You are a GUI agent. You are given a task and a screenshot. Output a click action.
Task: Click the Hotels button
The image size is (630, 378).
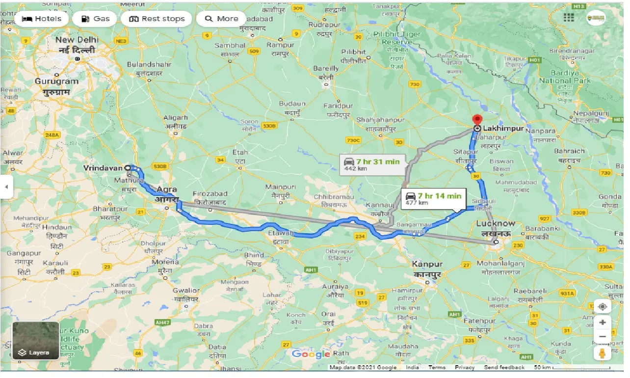[42, 19]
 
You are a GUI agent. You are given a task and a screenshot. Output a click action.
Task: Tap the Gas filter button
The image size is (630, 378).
[95, 19]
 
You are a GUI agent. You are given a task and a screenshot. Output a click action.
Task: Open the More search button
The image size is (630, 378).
[221, 19]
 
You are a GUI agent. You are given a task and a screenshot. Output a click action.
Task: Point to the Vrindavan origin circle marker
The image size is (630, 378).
[128, 168]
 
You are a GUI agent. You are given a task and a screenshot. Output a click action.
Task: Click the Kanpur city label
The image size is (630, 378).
[427, 264]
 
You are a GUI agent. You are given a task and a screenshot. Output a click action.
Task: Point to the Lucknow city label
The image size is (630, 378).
[496, 224]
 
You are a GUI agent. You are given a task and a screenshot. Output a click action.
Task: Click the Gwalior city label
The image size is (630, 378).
[186, 291]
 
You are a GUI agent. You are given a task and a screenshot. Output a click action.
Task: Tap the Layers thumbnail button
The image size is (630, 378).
[35, 341]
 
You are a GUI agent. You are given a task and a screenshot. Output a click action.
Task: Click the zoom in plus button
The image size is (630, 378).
[603, 323]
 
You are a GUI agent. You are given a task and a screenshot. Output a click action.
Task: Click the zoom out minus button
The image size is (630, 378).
[603, 337]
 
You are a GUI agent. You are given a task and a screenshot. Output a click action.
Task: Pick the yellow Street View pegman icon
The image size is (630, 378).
[603, 353]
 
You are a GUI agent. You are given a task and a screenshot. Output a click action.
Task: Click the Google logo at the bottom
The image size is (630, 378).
[311, 354]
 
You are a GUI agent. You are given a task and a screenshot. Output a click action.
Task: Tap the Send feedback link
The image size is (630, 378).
[504, 367]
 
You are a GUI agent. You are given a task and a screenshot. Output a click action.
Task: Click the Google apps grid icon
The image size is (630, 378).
[569, 18]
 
